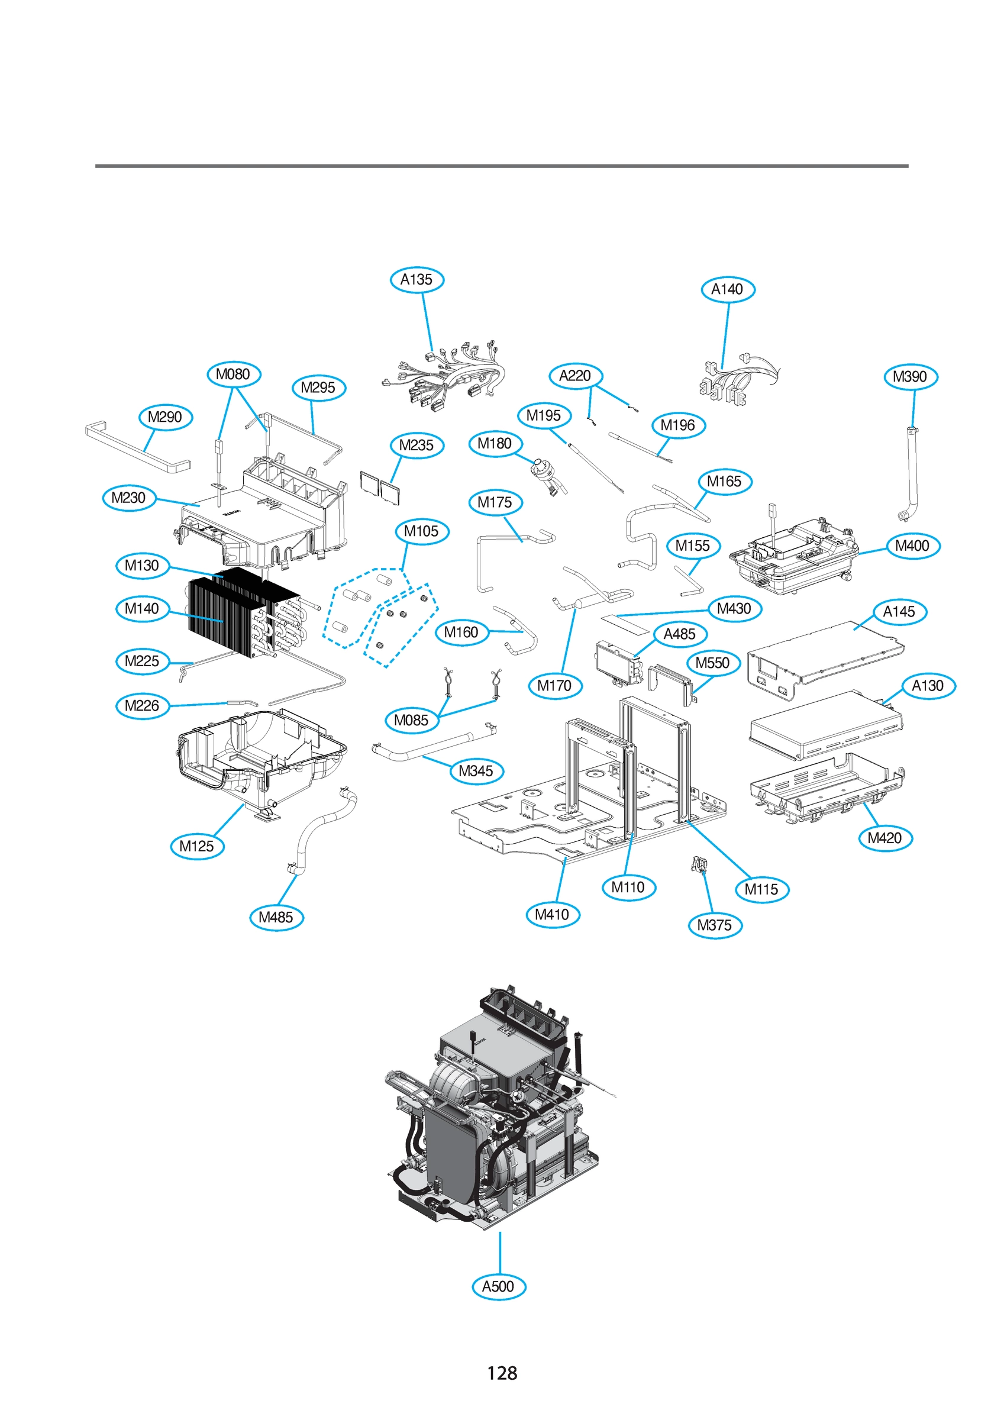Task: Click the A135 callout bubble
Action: [417, 279]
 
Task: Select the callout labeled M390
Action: [910, 377]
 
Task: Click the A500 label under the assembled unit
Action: [498, 1286]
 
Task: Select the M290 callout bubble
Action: [165, 417]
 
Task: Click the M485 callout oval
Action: [276, 917]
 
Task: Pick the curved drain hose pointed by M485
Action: [322, 829]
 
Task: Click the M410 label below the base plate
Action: [552, 914]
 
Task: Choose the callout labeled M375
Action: [715, 925]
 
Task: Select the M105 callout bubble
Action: [421, 531]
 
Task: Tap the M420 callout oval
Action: [884, 838]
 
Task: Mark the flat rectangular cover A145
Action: [826, 653]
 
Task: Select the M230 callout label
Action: [128, 498]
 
